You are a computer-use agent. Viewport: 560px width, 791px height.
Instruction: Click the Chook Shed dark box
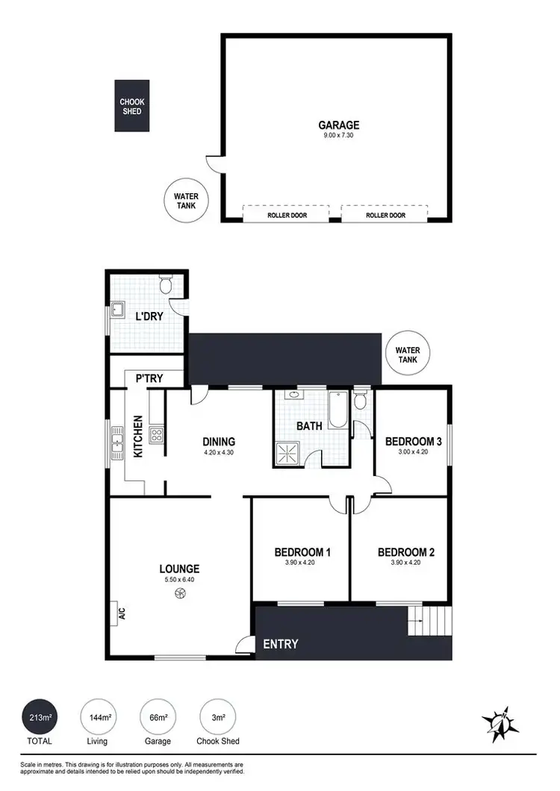[131, 106]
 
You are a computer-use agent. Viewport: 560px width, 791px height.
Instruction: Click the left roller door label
[286, 215]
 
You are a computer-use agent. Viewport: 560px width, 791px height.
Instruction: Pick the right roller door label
[385, 215]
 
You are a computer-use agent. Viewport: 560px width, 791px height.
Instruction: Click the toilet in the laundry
[167, 284]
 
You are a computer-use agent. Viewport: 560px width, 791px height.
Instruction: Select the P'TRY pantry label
[149, 379]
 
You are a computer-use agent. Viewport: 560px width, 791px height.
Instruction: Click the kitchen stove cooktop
[157, 434]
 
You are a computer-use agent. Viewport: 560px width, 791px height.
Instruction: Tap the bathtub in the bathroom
[337, 411]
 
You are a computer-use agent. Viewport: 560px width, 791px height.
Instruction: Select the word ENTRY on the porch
[281, 644]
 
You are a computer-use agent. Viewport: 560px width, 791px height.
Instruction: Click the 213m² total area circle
[41, 718]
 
